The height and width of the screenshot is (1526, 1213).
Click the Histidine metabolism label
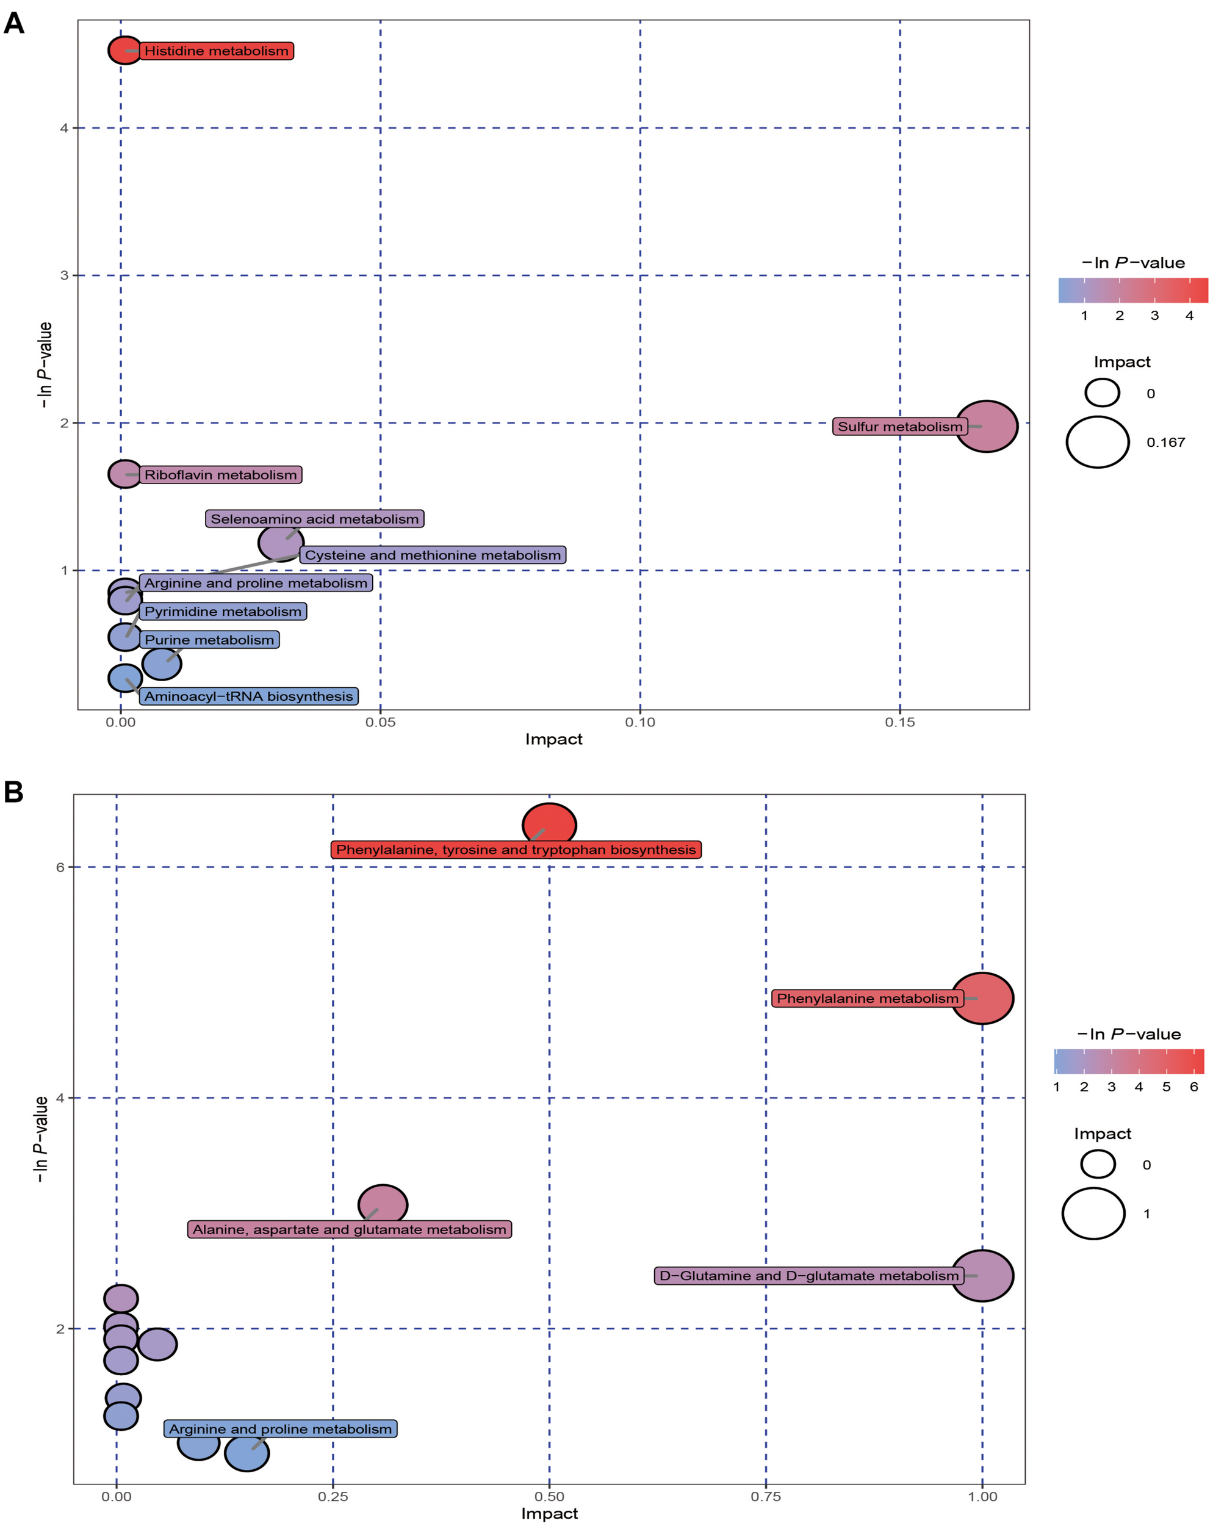pyautogui.click(x=216, y=51)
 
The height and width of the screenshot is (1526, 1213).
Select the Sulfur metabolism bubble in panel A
pyautogui.click(x=986, y=426)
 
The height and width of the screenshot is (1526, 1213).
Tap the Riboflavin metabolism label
pyautogui.click(x=220, y=475)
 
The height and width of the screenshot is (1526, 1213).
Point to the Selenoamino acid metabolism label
pyautogui.click(x=314, y=519)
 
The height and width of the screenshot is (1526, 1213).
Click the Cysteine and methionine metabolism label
pyautogui.click(x=433, y=555)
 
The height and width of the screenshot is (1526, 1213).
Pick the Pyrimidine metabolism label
pyautogui.click(x=222, y=612)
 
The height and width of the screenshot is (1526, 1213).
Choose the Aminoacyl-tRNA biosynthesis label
pyautogui.click(x=248, y=696)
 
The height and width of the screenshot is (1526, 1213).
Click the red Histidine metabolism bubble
pyautogui.click(x=124, y=50)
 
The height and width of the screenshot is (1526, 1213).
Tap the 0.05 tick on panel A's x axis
pyautogui.click(x=380, y=723)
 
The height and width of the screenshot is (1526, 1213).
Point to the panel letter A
pyautogui.click(x=13, y=23)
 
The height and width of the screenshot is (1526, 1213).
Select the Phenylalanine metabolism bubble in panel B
pyautogui.click(x=982, y=998)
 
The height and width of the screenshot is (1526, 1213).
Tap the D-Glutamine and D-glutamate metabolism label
pyautogui.click(x=808, y=1276)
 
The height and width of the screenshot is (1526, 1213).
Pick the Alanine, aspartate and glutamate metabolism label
pyautogui.click(x=349, y=1229)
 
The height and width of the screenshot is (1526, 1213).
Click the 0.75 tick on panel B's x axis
pyautogui.click(x=765, y=1496)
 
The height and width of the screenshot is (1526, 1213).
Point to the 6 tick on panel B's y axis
pyautogui.click(x=60, y=867)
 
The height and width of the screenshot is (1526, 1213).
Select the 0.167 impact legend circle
pyautogui.click(x=1097, y=443)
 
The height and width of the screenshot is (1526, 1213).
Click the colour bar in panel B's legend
pyautogui.click(x=1128, y=1061)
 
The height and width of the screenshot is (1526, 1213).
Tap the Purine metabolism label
pyautogui.click(x=209, y=640)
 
